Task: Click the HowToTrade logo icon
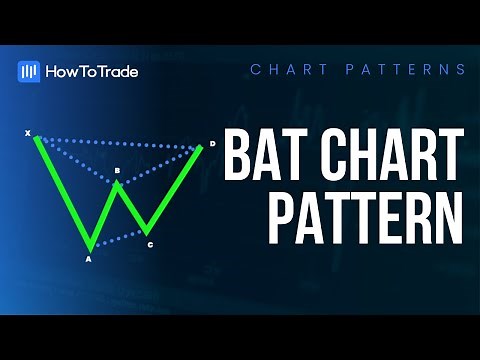pos(29,70)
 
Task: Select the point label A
pos(88,260)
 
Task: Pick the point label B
pos(117,172)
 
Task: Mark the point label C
pos(150,244)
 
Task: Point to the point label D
pos(212,144)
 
